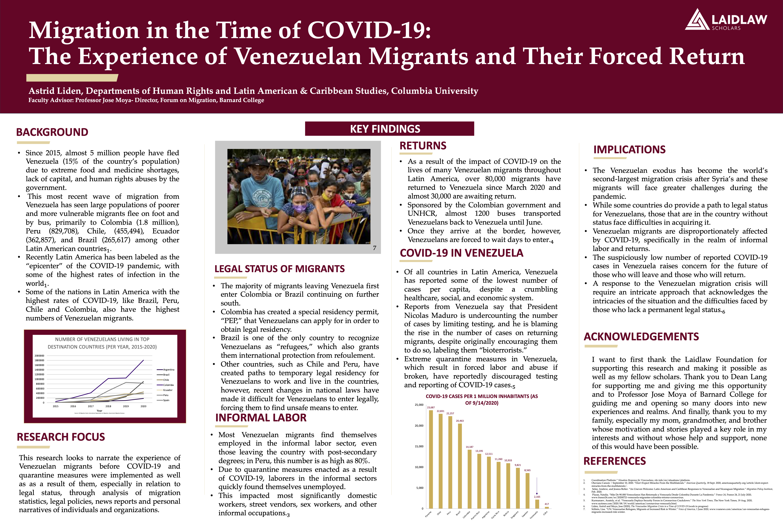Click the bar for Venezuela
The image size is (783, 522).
pyautogui.click(x=537, y=504)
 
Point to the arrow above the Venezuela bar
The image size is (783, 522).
pyautogui.click(x=537, y=486)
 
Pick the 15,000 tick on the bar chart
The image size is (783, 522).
pyautogui.click(x=419, y=446)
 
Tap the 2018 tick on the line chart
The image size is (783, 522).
pyautogui.click(x=108, y=406)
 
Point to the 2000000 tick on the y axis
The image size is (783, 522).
pyautogui.click(x=39, y=356)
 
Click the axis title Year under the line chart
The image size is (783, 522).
pyautogui.click(x=99, y=410)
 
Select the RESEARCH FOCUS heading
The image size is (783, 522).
pyautogui.click(x=61, y=437)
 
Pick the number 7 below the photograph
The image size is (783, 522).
pyautogui.click(x=375, y=248)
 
